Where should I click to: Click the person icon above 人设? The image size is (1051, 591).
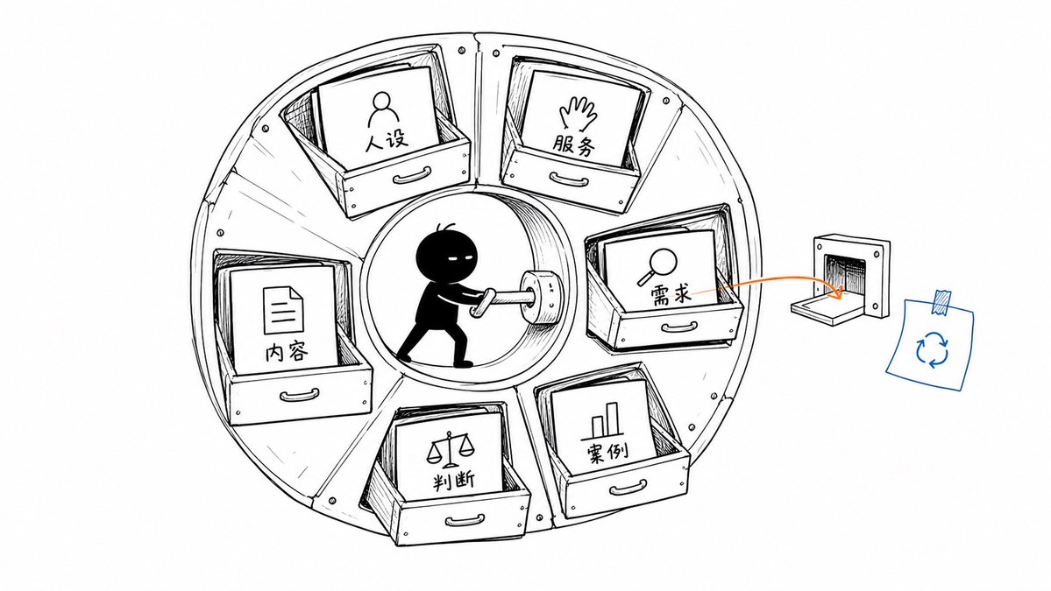(x=380, y=110)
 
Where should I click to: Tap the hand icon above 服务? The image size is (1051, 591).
(x=578, y=115)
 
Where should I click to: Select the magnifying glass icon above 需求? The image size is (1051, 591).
(x=657, y=265)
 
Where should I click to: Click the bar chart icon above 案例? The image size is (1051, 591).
(x=605, y=419)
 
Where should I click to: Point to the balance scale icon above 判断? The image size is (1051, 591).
(x=448, y=449)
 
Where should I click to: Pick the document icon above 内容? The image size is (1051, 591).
(x=282, y=309)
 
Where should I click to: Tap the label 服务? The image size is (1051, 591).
(x=574, y=145)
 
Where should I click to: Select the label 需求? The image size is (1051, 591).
(x=671, y=294)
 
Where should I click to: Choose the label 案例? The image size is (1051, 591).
(x=607, y=453)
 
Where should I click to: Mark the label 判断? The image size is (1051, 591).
(x=454, y=480)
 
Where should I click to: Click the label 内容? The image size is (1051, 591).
(x=287, y=351)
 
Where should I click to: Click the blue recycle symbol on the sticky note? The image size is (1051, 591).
(x=932, y=348)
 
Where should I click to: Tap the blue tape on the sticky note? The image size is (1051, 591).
(x=942, y=303)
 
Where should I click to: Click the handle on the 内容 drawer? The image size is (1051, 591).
(x=299, y=393)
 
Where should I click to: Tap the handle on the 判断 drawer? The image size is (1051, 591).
(x=465, y=520)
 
